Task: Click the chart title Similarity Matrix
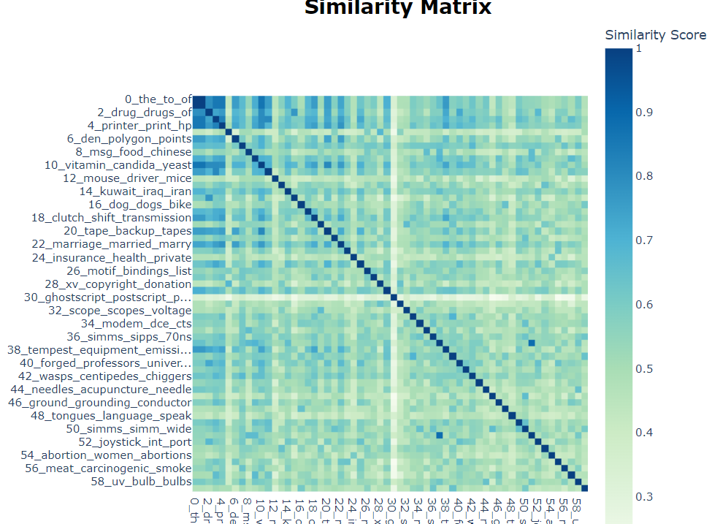[x=398, y=7]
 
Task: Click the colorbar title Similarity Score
[x=655, y=35]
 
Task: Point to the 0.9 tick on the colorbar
[x=644, y=112]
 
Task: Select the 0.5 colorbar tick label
[x=644, y=368]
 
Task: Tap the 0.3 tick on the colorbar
[x=644, y=497]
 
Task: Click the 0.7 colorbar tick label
[x=644, y=240]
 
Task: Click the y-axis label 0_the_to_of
[x=158, y=99]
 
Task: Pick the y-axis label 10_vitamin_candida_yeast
[x=118, y=165]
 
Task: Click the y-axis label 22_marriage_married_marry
[x=112, y=244]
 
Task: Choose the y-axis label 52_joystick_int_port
[x=135, y=442]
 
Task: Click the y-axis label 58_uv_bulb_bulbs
[x=142, y=482]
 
